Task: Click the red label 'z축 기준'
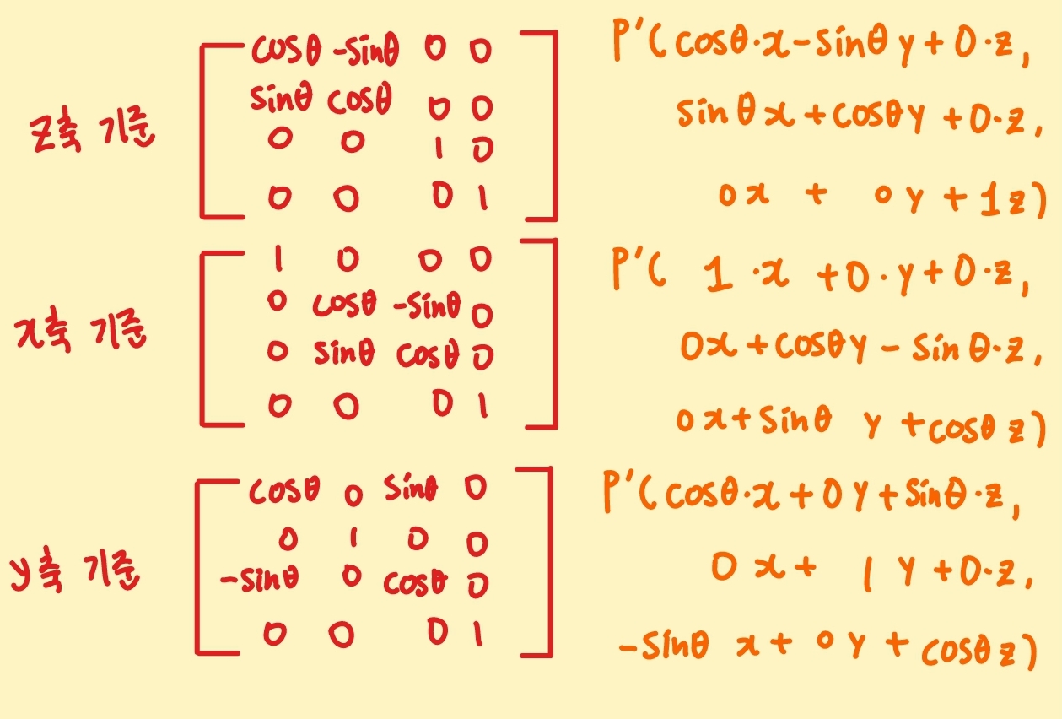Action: [90, 133]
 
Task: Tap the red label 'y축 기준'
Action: [76, 573]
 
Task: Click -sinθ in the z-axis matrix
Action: [365, 52]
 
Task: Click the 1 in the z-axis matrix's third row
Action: [437, 149]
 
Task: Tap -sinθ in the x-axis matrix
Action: [427, 307]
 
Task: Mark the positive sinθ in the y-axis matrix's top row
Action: [411, 489]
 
